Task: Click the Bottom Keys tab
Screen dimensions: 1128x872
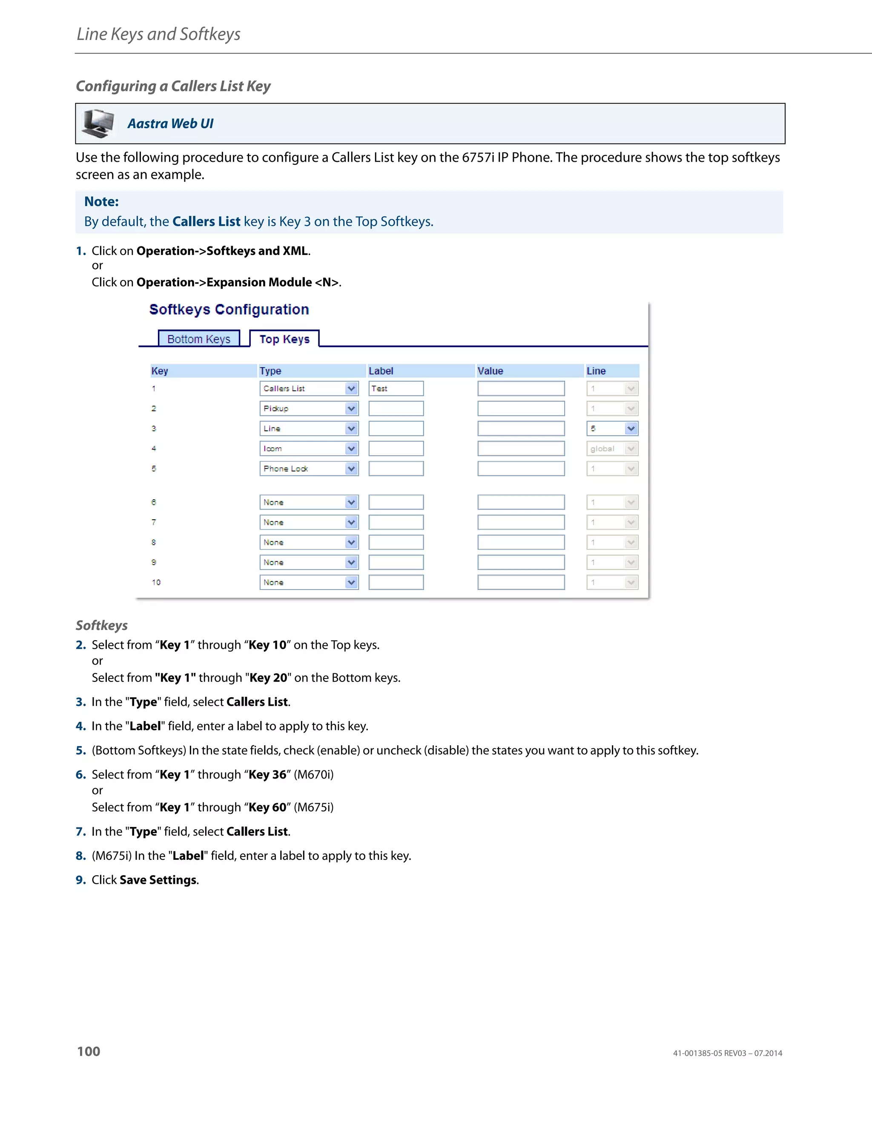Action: coord(199,339)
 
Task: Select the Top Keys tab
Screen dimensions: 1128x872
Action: coord(284,339)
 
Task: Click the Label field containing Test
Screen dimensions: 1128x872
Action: coord(396,388)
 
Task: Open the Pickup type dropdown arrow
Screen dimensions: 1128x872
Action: coord(351,409)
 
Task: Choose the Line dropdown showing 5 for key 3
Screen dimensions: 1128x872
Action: coord(612,429)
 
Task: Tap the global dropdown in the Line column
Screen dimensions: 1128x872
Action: coord(612,449)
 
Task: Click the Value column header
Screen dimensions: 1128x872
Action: coord(490,371)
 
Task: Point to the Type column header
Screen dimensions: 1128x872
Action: coord(270,371)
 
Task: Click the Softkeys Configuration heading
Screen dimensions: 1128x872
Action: coord(229,309)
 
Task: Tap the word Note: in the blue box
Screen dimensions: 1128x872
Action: coord(101,201)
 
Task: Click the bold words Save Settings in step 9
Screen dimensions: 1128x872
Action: coord(158,879)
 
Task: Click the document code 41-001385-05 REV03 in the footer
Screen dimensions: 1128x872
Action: coord(709,1053)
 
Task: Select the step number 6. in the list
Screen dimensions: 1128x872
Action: coord(80,774)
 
